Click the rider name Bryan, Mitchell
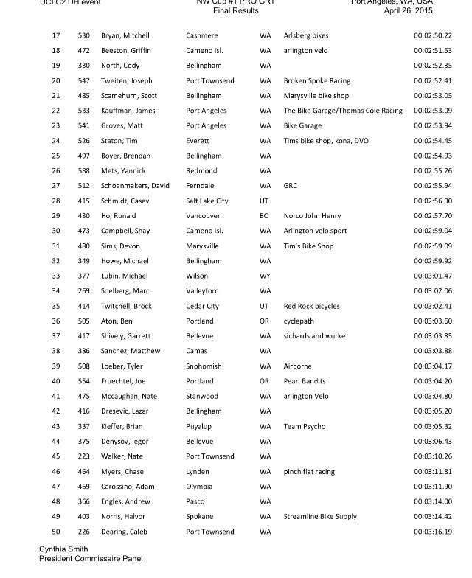pyautogui.click(x=125, y=35)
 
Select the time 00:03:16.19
pyautogui.click(x=433, y=532)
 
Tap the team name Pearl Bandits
pyautogui.click(x=305, y=381)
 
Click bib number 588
pyautogui.click(x=84, y=171)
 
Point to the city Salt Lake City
pyautogui.click(x=207, y=201)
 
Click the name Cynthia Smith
pyautogui.click(x=63, y=549)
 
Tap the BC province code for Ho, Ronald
pyautogui.click(x=265, y=216)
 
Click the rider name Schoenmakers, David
pyautogui.click(x=136, y=186)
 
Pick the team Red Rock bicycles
pyautogui.click(x=312, y=306)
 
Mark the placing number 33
pyautogui.click(x=56, y=276)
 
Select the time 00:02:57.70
pyautogui.click(x=433, y=216)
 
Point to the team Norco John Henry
pyautogui.click(x=312, y=216)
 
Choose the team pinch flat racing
pyautogui.click(x=309, y=471)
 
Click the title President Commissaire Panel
pyautogui.click(x=91, y=559)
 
